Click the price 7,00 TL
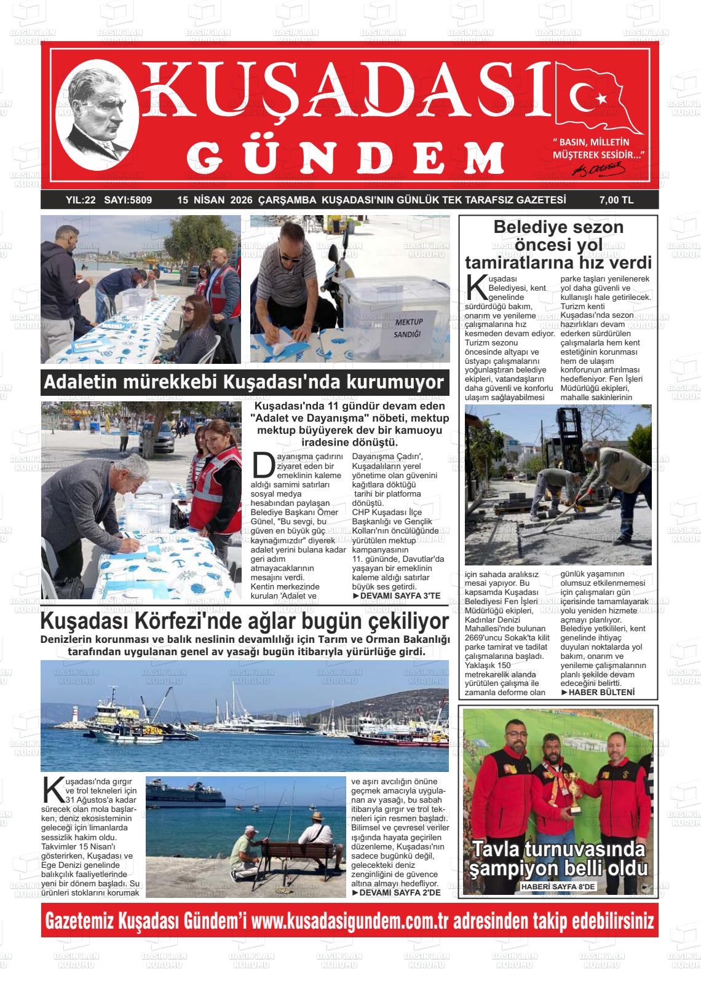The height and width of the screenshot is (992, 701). [616, 200]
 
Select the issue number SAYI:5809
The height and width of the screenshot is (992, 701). [128, 200]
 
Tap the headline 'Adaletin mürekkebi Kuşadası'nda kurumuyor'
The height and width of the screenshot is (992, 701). [244, 382]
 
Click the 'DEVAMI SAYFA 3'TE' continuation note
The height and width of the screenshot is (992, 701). [397, 596]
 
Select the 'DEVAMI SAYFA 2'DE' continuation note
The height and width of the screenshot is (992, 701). [396, 892]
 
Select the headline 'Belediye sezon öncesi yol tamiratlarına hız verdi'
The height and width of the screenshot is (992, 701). [558, 245]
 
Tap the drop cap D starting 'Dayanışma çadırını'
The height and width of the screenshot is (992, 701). [263, 465]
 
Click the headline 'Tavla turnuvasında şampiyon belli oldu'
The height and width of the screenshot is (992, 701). [558, 859]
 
